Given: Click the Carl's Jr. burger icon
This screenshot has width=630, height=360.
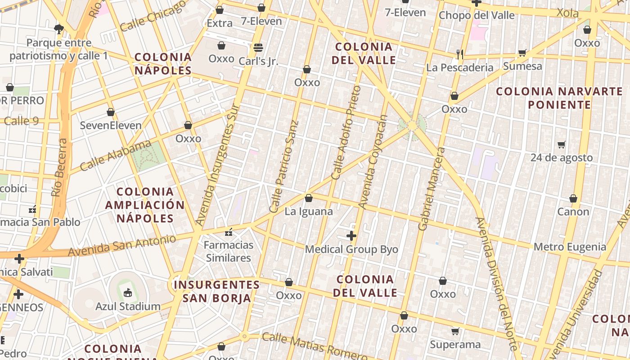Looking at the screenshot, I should [258, 47].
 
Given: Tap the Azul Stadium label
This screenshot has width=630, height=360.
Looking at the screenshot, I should [128, 306].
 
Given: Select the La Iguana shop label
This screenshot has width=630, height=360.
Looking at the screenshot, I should [309, 211].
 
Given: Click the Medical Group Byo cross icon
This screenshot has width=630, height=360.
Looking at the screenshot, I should [351, 236].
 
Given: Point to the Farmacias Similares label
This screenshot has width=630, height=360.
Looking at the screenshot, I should [229, 252].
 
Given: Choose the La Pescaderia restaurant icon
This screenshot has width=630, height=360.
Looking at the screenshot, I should [460, 54].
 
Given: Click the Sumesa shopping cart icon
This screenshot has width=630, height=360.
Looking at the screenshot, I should [522, 53].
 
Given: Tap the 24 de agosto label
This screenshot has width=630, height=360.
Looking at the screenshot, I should [561, 157].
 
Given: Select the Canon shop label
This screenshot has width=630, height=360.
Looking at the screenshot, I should [573, 211].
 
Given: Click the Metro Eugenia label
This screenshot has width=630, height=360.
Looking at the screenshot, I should [570, 247].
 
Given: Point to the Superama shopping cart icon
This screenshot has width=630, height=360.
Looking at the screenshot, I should [455, 332].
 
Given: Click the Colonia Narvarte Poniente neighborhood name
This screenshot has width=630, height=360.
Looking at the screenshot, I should [559, 98].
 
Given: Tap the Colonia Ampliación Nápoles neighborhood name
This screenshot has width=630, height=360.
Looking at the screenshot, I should [145, 205].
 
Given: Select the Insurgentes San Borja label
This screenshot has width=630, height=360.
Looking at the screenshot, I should [217, 291].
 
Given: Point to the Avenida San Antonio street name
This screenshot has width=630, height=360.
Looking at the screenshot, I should [121, 246].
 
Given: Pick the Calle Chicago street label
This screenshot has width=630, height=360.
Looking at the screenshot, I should [153, 16].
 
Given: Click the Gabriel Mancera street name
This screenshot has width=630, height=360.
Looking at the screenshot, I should [431, 189].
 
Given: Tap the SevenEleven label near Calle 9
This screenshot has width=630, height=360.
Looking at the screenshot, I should [111, 125].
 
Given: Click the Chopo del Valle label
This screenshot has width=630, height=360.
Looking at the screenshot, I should [477, 15].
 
